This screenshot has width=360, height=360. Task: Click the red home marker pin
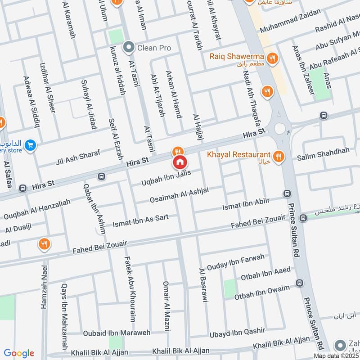point(180,162)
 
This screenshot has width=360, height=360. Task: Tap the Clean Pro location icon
point(129,47)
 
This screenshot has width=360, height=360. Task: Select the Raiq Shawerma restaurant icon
point(271,58)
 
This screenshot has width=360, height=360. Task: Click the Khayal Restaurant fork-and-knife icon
point(279,156)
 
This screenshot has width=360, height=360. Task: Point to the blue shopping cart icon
point(30,145)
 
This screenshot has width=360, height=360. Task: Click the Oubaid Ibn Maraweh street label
point(110,333)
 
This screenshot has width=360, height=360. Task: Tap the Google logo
point(19,353)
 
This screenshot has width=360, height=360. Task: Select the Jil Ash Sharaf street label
point(78,155)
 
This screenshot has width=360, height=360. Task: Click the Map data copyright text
point(337,355)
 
